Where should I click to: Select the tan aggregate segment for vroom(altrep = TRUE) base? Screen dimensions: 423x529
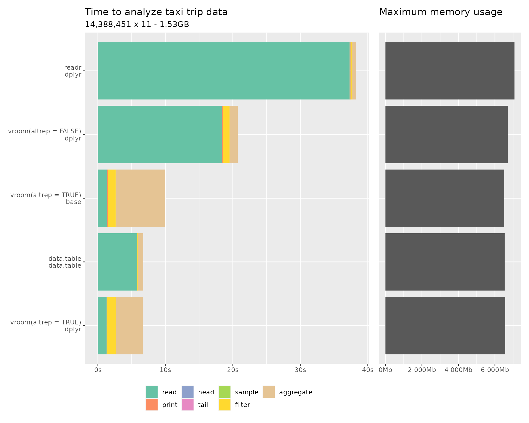tap(140, 198)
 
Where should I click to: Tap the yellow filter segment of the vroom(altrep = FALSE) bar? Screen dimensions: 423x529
tap(226, 134)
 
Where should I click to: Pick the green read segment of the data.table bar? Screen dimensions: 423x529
tap(117, 262)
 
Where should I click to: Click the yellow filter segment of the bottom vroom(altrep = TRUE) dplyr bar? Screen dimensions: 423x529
tap(112, 326)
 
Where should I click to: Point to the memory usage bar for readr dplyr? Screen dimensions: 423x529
tap(450, 71)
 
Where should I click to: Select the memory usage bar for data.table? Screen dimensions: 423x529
tap(445, 262)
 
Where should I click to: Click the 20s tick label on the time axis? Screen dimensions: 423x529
tap(233, 370)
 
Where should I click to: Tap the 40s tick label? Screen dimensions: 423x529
tap(368, 370)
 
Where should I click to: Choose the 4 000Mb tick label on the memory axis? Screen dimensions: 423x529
tap(458, 370)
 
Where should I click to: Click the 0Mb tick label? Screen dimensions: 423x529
tap(385, 370)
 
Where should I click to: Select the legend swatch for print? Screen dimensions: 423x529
tap(152, 405)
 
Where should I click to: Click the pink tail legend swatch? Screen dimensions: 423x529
tap(188, 405)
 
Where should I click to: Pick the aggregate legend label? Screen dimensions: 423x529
tap(296, 392)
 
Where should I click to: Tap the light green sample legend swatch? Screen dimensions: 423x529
tap(225, 392)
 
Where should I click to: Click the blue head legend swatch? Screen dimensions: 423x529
tap(188, 392)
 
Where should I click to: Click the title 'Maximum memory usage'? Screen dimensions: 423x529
tap(441, 12)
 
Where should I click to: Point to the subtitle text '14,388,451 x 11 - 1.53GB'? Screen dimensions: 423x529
tap(137, 25)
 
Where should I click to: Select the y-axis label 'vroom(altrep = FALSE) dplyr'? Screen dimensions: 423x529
tap(45, 134)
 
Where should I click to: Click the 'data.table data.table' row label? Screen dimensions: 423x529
tap(65, 262)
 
